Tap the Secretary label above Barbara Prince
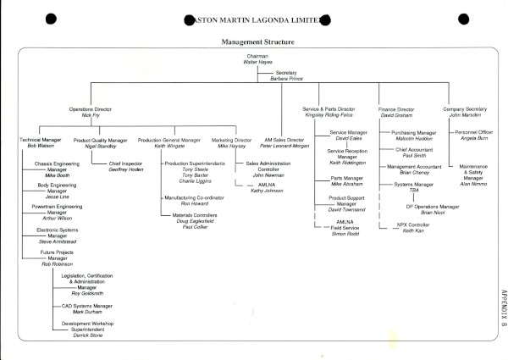[x=287, y=73]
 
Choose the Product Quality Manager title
[x=100, y=140]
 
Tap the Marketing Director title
[x=230, y=140]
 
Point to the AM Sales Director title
[x=282, y=140]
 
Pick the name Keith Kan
[x=412, y=230]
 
